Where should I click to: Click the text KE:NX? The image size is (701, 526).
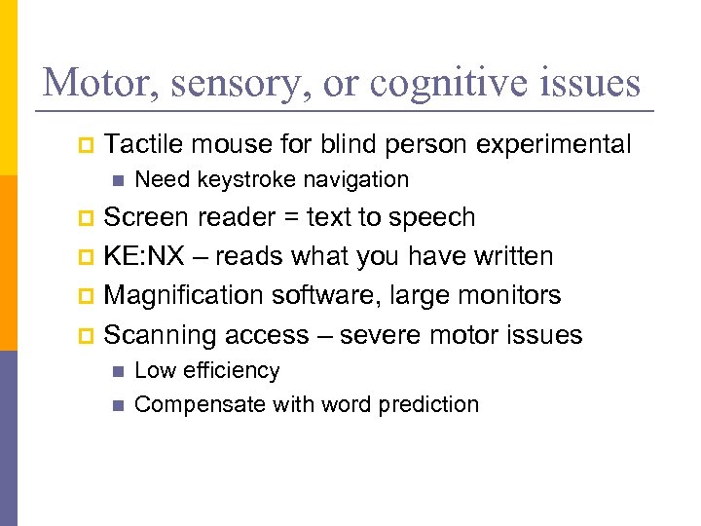click(141, 256)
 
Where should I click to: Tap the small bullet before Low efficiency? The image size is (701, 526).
click(118, 371)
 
